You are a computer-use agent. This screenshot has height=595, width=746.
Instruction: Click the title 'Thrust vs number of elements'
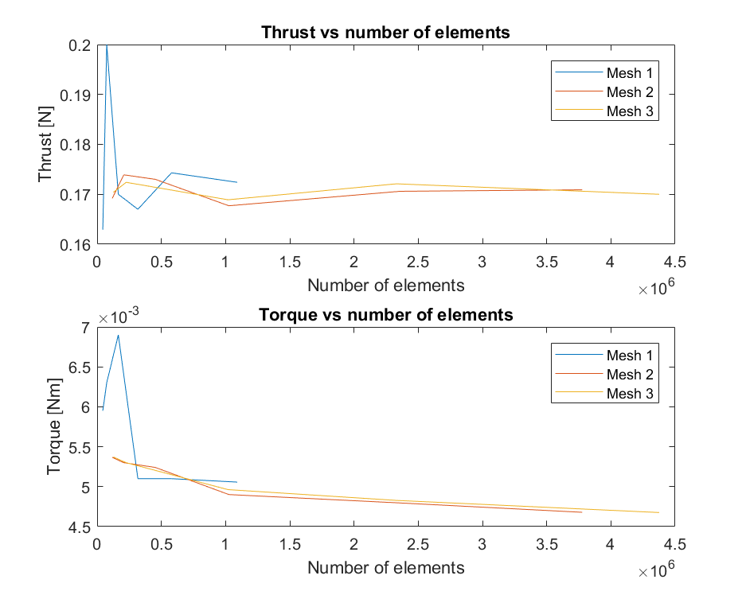pos(385,33)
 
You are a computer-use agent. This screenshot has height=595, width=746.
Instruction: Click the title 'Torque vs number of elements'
pos(385,315)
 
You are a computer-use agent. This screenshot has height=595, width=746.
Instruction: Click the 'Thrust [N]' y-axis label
pos(45,144)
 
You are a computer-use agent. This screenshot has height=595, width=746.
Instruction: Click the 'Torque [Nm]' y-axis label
pos(53,426)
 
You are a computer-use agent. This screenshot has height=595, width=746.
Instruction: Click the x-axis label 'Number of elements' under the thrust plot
pos(385,285)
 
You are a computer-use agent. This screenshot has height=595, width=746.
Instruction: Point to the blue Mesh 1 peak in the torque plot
pos(119,335)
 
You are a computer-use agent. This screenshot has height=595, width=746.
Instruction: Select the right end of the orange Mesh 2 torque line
pos(582,512)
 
